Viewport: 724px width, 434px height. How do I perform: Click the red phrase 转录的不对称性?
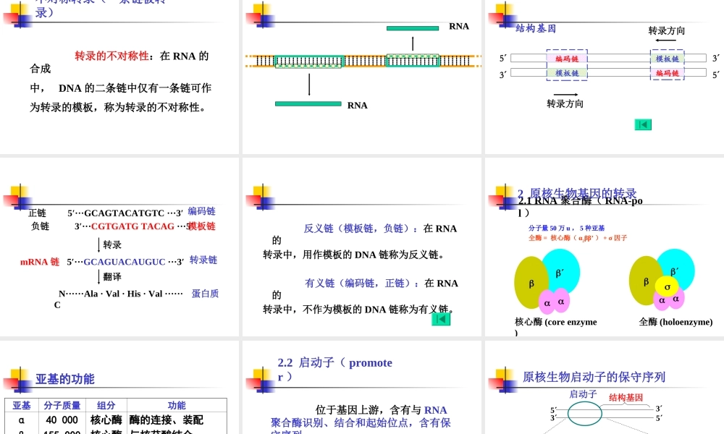click(112, 56)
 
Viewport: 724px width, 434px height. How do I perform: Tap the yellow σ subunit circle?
click(667, 286)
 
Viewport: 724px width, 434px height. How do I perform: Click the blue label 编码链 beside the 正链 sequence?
click(201, 211)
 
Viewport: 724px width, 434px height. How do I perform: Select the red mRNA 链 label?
click(40, 262)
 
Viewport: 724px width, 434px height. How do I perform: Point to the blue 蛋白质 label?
click(205, 294)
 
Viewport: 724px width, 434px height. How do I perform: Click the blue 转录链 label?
click(203, 260)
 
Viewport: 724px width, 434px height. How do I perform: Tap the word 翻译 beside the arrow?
click(112, 276)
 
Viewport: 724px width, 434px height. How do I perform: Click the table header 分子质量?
click(62, 406)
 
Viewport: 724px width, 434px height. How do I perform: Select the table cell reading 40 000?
click(62, 420)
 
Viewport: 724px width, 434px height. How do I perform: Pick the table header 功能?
click(177, 406)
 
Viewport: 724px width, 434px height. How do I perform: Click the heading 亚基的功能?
click(65, 379)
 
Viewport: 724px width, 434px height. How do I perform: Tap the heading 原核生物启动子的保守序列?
click(594, 377)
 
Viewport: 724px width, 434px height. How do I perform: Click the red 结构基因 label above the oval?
click(626, 397)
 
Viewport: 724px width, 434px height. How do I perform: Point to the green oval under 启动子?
click(584, 414)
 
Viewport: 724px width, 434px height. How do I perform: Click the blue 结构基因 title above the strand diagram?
click(536, 29)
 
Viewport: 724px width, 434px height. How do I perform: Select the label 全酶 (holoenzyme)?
click(675, 322)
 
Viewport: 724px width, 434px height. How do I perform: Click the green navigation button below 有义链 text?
click(441, 318)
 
